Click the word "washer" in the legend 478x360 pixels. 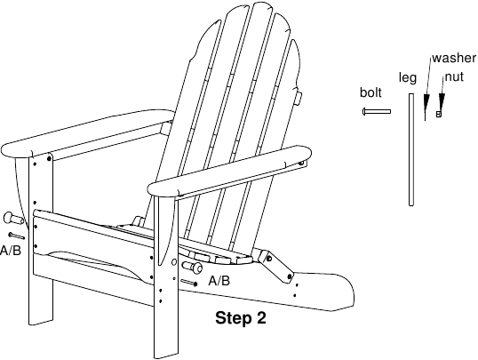tap(454, 58)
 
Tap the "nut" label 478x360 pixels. tap(454, 76)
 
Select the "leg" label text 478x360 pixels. tap(408, 78)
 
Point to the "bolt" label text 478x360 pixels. tap(370, 92)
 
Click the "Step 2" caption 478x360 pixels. tap(241, 318)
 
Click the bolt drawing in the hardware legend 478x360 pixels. tap(377, 112)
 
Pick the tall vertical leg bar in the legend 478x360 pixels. tap(411, 149)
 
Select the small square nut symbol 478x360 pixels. tap(439, 114)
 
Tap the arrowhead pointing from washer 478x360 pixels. tap(426, 102)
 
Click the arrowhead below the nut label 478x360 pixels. tap(442, 101)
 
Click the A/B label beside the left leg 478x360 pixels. tap(11, 251)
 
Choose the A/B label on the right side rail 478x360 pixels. tap(219, 281)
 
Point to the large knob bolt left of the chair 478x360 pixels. tap(12, 219)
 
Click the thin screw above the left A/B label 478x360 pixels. tap(17, 236)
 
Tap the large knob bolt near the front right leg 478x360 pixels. tap(192, 267)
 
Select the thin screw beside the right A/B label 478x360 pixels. tap(188, 282)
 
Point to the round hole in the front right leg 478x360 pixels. tap(174, 262)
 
